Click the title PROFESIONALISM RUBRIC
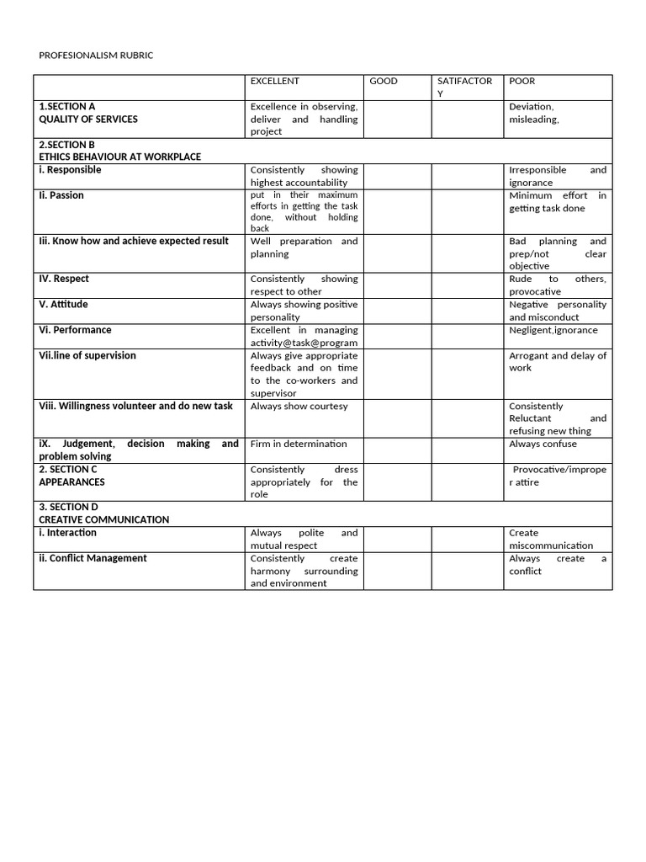96,56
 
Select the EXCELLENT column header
274,82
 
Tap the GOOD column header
384,82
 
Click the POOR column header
522,82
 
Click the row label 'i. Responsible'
70,170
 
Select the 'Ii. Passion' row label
61,195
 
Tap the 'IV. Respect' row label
64,279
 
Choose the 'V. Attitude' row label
63,304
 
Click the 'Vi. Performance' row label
75,330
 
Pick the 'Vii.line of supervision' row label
87,355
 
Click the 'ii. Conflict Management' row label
93,558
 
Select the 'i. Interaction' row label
67,533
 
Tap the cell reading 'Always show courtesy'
299,406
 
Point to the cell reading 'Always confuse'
543,444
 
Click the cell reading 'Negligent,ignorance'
553,330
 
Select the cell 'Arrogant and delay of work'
557,361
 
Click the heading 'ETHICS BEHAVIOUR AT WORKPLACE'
119,157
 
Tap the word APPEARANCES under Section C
71,482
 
